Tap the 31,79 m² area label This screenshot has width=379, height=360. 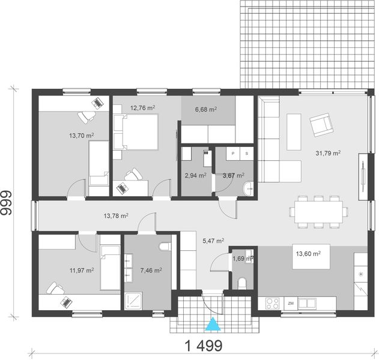click(328, 153)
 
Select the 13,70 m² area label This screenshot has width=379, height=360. click(81, 136)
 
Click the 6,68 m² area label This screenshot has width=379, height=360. click(206, 110)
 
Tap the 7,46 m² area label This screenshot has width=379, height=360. click(150, 271)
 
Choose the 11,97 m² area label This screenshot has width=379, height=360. click(81, 271)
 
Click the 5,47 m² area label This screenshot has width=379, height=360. click(213, 241)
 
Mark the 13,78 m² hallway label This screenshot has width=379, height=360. click(116, 215)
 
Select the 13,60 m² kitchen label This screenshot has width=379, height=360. click(308, 254)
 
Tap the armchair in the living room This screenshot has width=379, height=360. click(322, 126)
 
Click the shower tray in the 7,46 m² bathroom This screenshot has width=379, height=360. click(133, 301)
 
